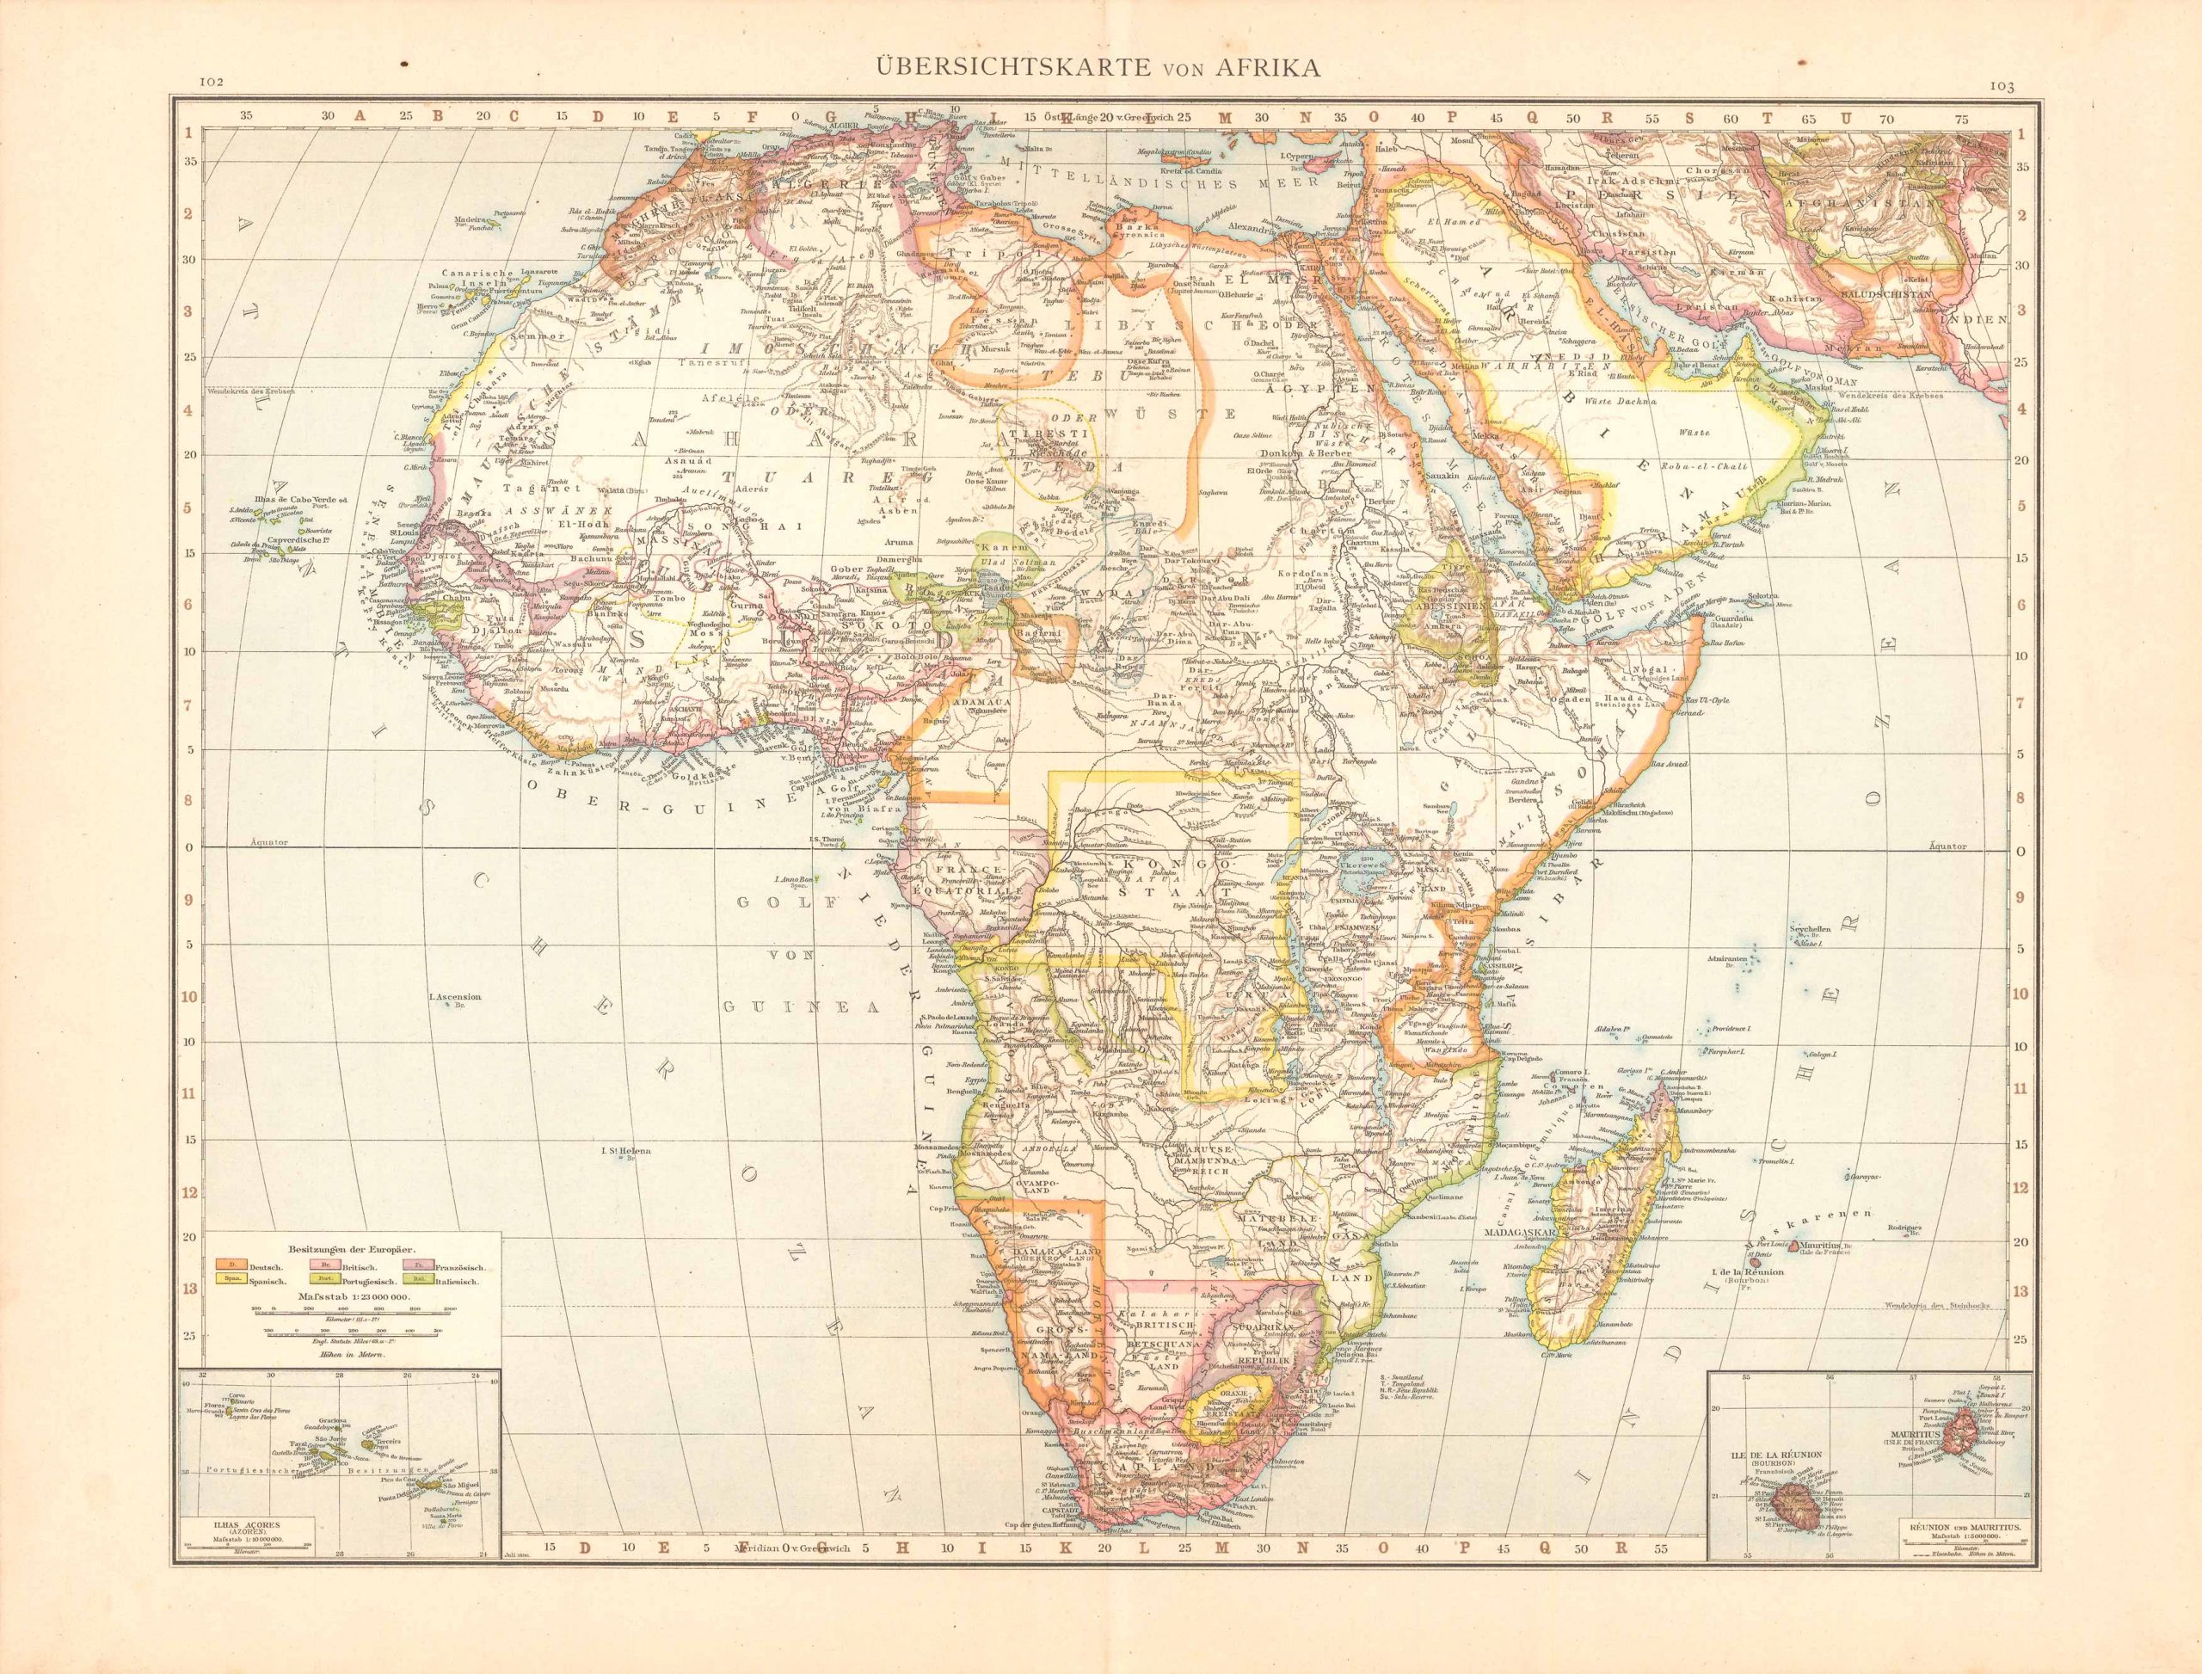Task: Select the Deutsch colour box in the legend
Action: (228, 1265)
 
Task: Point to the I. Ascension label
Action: (454, 996)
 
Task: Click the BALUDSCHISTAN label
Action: (1886, 296)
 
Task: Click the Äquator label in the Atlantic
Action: (269, 842)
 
